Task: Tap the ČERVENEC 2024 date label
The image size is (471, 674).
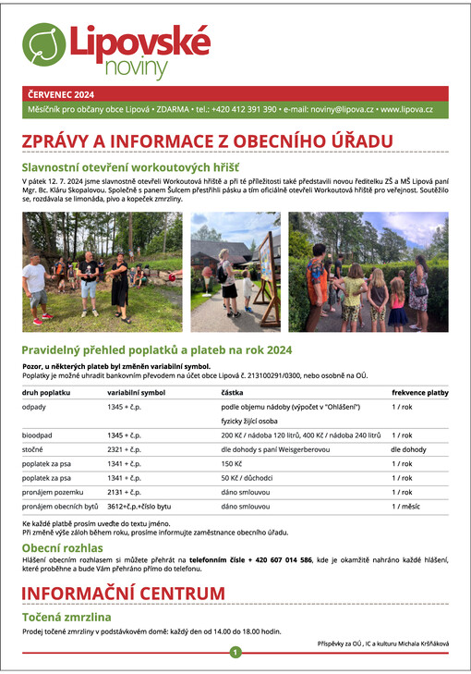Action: (x=60, y=94)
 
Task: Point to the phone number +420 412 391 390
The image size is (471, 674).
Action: (x=244, y=109)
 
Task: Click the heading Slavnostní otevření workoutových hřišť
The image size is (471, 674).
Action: (x=130, y=166)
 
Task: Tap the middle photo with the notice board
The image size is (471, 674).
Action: (x=235, y=272)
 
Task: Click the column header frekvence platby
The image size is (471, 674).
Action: (x=419, y=392)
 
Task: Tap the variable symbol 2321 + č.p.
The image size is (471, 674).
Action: (x=124, y=448)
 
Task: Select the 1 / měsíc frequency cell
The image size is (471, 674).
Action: (x=406, y=507)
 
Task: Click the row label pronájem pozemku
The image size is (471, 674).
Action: (x=54, y=492)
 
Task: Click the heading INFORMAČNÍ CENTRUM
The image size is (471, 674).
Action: (x=123, y=593)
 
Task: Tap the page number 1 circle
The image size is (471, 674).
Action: (x=235, y=652)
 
